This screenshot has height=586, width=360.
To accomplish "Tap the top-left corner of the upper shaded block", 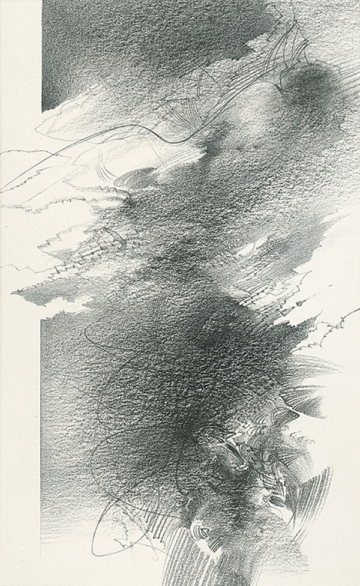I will click(43, 2).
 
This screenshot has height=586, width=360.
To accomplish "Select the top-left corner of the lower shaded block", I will click(41, 319).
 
